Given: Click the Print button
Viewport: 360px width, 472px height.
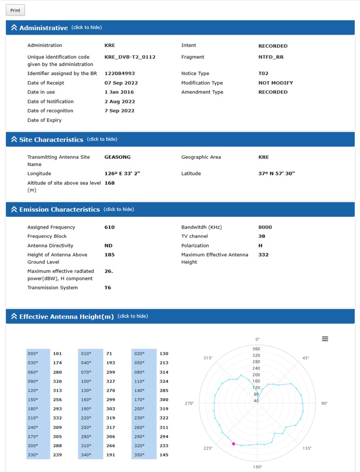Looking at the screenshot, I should [15, 10].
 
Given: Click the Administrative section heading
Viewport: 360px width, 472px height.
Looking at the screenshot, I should [43, 28].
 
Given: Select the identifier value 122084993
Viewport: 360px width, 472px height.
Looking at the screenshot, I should [119, 73].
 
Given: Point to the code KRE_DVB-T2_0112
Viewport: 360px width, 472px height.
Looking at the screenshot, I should [130, 57].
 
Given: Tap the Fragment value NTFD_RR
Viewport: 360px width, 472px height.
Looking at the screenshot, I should [270, 57].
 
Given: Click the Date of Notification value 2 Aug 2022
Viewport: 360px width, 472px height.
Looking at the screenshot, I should [119, 102].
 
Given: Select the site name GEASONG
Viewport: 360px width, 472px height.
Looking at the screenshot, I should [117, 157].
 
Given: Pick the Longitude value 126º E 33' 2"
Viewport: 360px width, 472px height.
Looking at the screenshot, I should [122, 174].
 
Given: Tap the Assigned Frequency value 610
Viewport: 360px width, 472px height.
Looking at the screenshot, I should [109, 227].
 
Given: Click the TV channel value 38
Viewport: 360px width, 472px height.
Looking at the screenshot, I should [261, 236].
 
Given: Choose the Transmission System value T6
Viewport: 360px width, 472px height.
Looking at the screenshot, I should [108, 288].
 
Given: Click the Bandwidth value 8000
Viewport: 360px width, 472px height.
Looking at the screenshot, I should [265, 227].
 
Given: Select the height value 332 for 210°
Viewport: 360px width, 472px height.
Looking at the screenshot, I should [57, 418].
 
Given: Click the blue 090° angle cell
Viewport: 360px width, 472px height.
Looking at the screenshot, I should [38, 382].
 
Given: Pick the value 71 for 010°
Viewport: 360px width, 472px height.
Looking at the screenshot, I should [109, 354].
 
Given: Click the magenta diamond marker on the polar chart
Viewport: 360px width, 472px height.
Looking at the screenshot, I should [233, 444].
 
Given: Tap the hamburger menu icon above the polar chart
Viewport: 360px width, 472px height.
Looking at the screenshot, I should [325, 339].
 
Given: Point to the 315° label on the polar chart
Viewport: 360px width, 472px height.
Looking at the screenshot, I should [207, 358].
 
